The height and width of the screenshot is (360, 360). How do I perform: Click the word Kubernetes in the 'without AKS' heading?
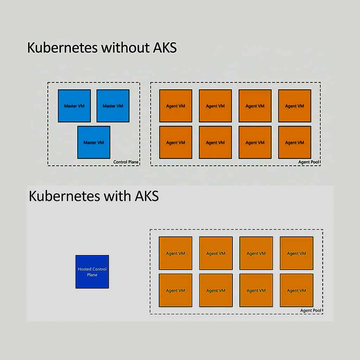click(63, 47)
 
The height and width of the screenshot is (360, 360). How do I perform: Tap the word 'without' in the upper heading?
click(126, 47)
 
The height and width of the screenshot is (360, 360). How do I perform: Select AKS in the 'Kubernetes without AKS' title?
click(165, 47)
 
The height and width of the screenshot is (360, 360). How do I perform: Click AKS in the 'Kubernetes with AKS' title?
click(147, 196)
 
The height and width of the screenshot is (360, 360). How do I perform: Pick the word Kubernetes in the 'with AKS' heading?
click(65, 196)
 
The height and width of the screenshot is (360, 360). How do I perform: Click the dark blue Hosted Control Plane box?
click(92, 272)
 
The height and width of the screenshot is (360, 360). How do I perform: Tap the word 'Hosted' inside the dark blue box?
click(85, 269)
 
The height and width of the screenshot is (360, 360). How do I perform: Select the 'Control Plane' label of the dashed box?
click(126, 162)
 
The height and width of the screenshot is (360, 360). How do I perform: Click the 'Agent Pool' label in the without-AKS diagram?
click(309, 162)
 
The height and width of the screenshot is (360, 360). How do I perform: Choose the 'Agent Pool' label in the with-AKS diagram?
click(311, 310)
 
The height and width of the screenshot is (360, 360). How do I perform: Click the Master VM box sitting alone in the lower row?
click(94, 142)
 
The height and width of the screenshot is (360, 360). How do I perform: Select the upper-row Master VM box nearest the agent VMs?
click(113, 106)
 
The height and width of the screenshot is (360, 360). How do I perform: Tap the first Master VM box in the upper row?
click(75, 106)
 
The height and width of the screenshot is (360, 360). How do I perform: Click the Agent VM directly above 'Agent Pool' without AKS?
click(295, 142)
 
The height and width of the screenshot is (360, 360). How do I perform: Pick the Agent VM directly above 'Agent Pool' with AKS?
click(296, 290)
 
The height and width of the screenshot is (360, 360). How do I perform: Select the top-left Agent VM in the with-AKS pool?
click(175, 253)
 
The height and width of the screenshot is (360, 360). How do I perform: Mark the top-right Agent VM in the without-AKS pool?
click(295, 106)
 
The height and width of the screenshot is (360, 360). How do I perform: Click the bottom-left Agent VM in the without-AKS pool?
click(176, 142)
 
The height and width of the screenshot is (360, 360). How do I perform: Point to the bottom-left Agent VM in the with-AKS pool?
click(175, 290)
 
